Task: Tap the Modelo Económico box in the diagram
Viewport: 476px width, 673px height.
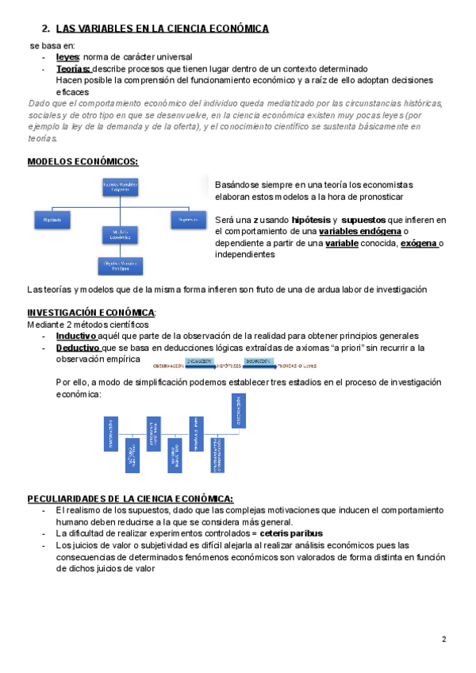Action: click(120, 234)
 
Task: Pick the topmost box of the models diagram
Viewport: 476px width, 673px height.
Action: click(120, 187)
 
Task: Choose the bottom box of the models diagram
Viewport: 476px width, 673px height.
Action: click(120, 265)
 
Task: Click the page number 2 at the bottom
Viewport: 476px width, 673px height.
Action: click(443, 640)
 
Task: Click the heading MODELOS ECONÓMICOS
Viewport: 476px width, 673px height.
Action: click(83, 161)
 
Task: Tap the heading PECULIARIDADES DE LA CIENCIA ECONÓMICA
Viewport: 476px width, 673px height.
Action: click(130, 498)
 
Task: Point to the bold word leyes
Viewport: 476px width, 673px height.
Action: click(67, 58)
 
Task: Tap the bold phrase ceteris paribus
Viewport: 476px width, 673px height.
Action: click(292, 533)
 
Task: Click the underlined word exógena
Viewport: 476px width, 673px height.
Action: click(418, 243)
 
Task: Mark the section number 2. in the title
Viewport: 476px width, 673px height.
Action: click(45, 29)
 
